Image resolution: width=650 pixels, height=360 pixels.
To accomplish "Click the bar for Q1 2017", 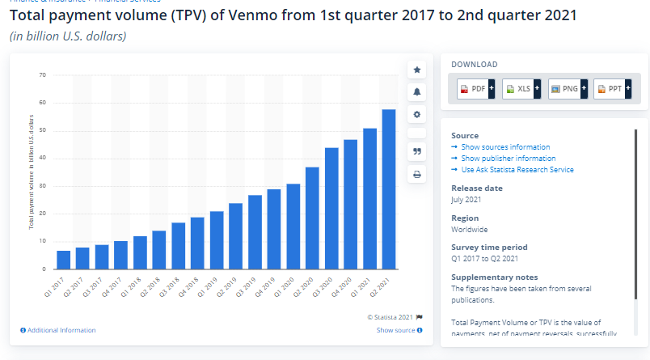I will coord(63,260).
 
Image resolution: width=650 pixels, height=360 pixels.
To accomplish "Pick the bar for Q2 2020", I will coord(312,218).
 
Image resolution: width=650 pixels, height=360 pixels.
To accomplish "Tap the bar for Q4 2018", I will coord(197,243).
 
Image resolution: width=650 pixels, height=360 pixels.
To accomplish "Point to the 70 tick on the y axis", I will coord(42,75).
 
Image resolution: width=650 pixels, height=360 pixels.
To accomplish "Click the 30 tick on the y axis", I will coord(42,186).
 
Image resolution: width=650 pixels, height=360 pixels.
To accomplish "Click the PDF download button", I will coord(476,89).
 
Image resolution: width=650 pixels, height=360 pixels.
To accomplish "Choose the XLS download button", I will coord(521,89).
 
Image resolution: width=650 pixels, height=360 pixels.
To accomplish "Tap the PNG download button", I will coord(568,89).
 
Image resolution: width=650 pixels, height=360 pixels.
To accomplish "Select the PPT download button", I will coord(614,89).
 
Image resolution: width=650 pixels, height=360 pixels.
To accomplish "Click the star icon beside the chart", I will coord(417,70).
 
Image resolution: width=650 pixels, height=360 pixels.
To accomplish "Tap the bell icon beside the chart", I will coord(417,92).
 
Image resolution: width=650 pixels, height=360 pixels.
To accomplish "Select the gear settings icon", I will coord(417,114).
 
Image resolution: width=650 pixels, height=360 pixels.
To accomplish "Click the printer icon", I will coord(417,174).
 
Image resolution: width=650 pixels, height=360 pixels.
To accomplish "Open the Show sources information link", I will coord(505,147).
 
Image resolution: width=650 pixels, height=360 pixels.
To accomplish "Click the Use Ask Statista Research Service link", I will coord(517,170).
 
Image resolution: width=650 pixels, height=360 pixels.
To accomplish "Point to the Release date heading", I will coord(476,188).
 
